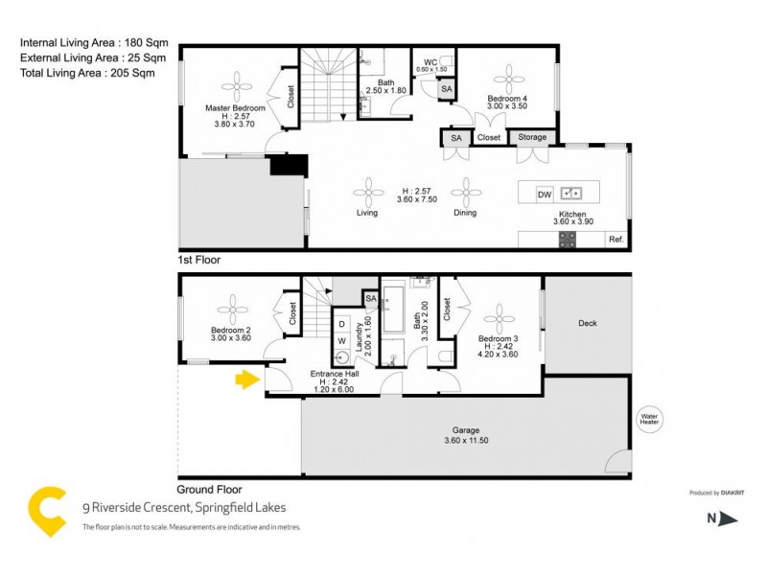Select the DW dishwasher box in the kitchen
click(x=544, y=194)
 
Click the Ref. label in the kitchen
click(x=616, y=240)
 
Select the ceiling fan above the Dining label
click(x=465, y=189)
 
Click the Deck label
click(x=588, y=323)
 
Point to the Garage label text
click(x=466, y=430)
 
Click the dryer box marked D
click(x=341, y=323)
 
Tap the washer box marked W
click(x=341, y=342)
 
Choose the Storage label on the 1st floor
click(x=532, y=138)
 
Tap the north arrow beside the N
click(x=728, y=519)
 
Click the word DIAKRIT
click(x=734, y=493)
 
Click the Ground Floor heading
click(x=210, y=487)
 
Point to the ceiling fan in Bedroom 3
click(x=499, y=317)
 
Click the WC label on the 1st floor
click(x=430, y=62)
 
